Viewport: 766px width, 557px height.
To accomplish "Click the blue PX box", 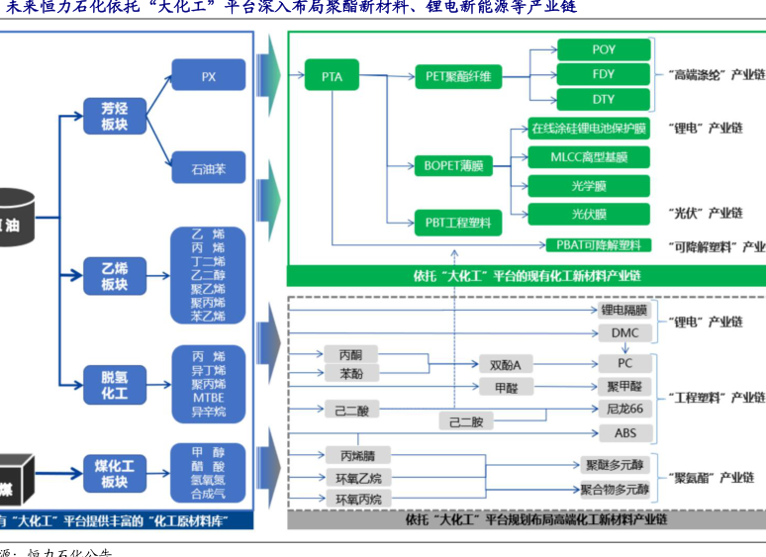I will click(208, 75).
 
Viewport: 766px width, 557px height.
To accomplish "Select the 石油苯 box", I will click(208, 167).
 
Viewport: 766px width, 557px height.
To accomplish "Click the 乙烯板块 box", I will click(114, 276).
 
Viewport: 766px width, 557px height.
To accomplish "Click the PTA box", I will click(332, 75).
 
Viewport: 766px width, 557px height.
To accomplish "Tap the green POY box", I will click(603, 49).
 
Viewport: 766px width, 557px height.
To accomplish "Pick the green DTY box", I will click(603, 99).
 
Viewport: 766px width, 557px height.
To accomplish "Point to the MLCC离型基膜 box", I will click(588, 156).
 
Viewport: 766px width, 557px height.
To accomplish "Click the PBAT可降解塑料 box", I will click(599, 244).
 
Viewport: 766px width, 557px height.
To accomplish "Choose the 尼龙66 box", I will click(624, 410).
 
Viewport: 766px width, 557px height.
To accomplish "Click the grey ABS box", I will click(624, 433).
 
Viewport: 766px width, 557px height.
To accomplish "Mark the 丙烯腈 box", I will click(358, 456).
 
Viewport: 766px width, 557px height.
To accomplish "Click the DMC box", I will click(624, 332).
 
